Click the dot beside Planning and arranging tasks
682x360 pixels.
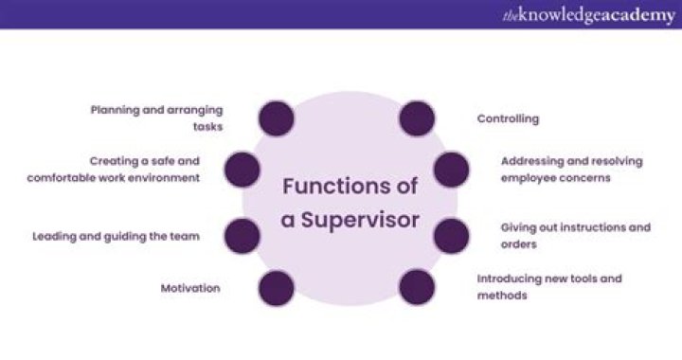(276, 118)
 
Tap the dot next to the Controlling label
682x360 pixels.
(417, 118)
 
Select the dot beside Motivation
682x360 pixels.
(276, 287)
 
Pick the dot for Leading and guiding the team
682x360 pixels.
(242, 236)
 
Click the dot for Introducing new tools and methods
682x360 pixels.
(417, 287)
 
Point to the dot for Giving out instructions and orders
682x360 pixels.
(451, 236)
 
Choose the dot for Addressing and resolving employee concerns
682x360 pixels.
(451, 170)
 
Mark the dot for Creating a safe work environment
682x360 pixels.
(242, 170)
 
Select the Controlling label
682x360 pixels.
(508, 119)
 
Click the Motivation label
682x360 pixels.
(189, 288)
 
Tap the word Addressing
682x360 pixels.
(533, 161)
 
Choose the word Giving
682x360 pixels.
(519, 227)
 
